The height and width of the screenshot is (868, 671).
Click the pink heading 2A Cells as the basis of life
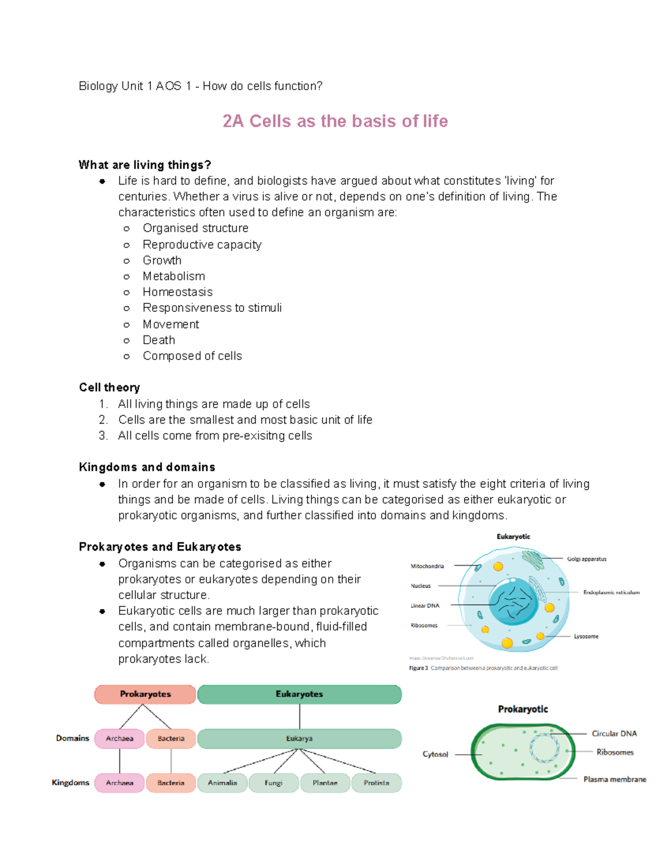click(335, 121)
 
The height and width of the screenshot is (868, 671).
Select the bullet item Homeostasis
click(177, 292)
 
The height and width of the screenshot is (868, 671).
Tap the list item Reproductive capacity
click(202, 245)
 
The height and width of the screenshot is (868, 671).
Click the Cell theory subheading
click(110, 388)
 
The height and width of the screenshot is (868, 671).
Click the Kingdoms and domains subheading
click(147, 467)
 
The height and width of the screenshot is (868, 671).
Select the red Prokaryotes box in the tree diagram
click(145, 694)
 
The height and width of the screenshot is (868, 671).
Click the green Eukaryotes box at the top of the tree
click(300, 694)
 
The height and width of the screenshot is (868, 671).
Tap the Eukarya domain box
click(300, 739)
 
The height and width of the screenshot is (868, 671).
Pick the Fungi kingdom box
click(273, 783)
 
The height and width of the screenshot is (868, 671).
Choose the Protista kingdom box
click(376, 783)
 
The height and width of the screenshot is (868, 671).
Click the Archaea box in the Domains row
click(120, 739)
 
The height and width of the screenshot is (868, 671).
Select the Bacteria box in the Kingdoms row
click(171, 783)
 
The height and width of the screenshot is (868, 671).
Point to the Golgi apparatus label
click(587, 559)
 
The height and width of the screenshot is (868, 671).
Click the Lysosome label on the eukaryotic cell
click(586, 637)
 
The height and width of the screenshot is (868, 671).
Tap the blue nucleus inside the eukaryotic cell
click(513, 602)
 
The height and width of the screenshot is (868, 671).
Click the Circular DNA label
click(614, 734)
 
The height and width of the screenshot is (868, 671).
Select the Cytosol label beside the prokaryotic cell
click(435, 755)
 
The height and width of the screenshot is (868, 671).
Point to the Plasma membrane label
click(615, 780)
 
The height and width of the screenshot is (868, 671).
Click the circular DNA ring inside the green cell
click(544, 748)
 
